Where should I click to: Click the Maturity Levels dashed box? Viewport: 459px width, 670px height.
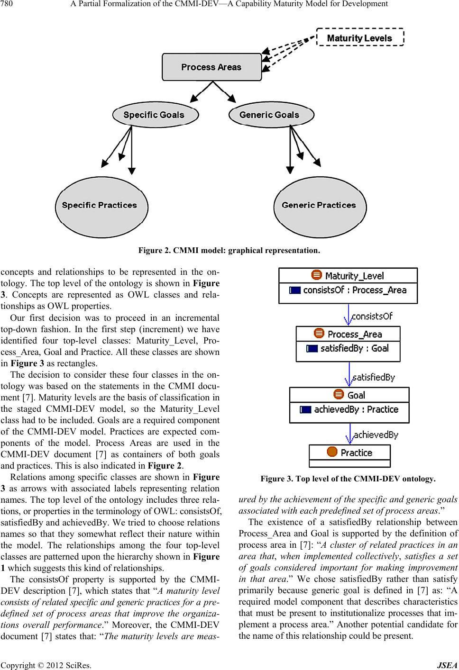[360, 37]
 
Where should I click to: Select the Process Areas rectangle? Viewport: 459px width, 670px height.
[211, 67]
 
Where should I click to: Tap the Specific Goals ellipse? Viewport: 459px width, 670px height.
[154, 115]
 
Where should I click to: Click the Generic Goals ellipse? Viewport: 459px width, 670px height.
[269, 115]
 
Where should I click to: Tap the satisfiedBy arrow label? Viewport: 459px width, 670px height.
[374, 378]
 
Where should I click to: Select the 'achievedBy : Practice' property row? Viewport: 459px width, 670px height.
[349, 410]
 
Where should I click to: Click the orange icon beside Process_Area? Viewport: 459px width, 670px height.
[319, 334]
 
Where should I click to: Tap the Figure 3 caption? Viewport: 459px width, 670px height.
[348, 479]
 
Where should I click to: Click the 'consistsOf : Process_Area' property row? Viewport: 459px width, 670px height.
[348, 290]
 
